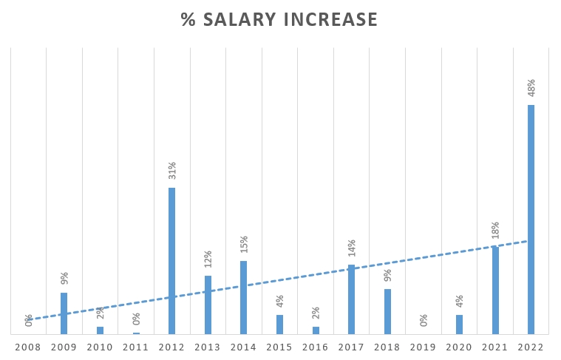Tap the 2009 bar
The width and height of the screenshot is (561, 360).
64,313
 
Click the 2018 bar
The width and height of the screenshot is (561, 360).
387,311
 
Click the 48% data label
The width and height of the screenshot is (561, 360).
531,88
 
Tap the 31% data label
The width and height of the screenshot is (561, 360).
172,171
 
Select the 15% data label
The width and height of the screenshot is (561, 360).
244,245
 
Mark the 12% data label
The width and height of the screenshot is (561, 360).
208,259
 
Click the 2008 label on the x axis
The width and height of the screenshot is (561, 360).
28,347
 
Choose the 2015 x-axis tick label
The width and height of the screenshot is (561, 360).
279,347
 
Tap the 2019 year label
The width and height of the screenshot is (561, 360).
424,347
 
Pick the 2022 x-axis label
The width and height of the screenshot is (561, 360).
531,347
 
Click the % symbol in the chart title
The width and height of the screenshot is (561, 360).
188,20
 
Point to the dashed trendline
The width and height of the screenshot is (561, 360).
296,278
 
